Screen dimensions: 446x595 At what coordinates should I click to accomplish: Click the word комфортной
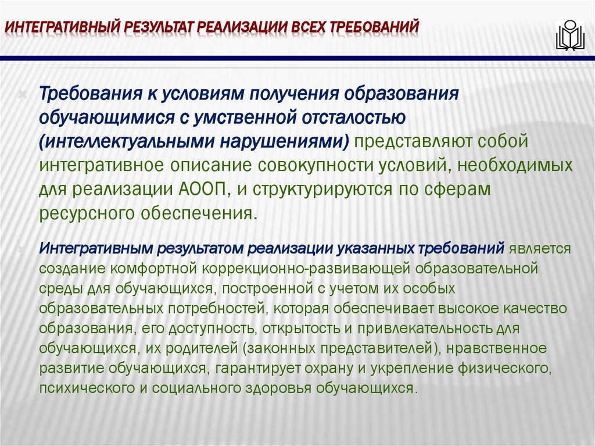(x=157, y=269)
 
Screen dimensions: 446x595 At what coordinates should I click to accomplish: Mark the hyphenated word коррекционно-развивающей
(x=287, y=269)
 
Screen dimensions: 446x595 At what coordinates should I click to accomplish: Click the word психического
(x=83, y=388)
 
